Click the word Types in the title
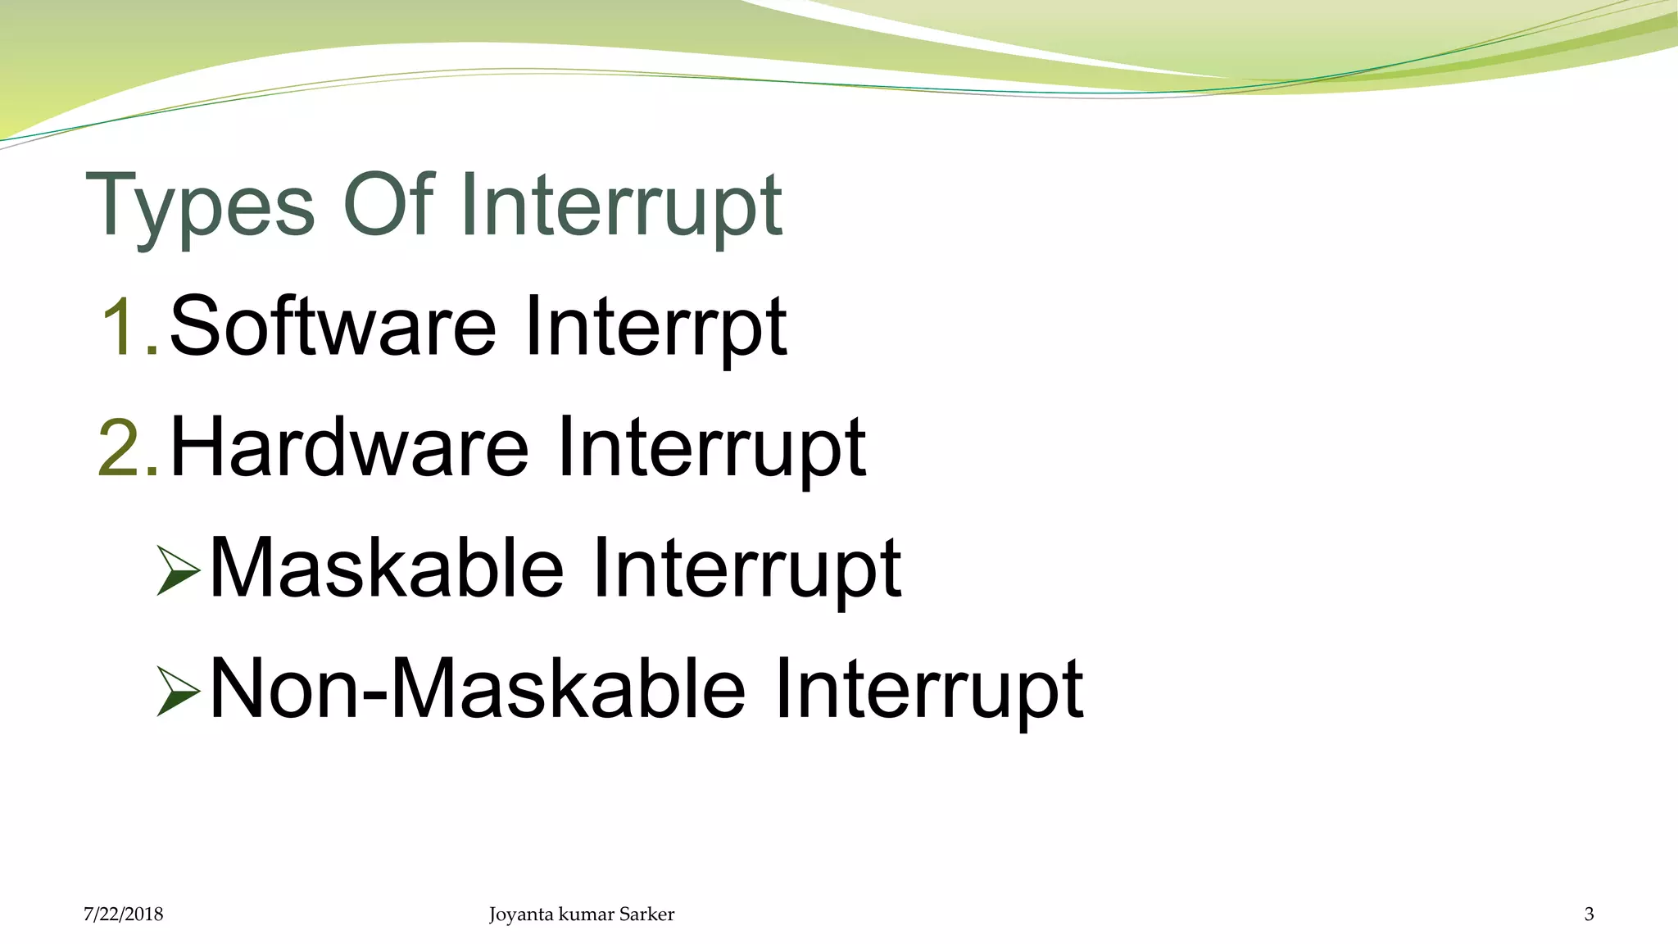200,206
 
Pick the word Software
333,326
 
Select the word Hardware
349,447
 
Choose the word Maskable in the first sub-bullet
387,568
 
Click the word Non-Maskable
477,689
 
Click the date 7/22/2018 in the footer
123,914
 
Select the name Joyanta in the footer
521,914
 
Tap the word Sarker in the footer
646,914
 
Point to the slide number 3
1589,914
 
